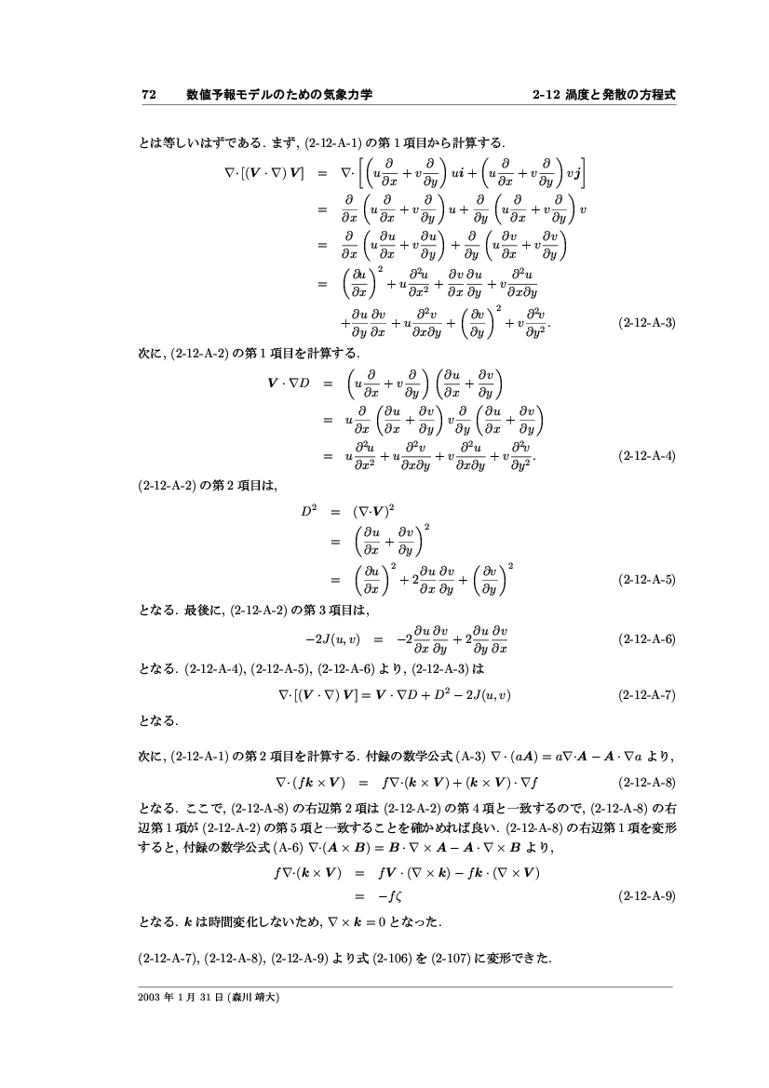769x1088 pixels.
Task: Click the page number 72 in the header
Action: [147, 94]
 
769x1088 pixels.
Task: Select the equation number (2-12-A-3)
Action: [646, 323]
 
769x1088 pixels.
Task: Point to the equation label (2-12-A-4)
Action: [646, 456]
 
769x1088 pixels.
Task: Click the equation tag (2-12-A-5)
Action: [646, 580]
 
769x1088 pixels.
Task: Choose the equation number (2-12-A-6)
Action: [646, 639]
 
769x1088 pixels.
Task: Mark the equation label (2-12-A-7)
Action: [646, 694]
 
